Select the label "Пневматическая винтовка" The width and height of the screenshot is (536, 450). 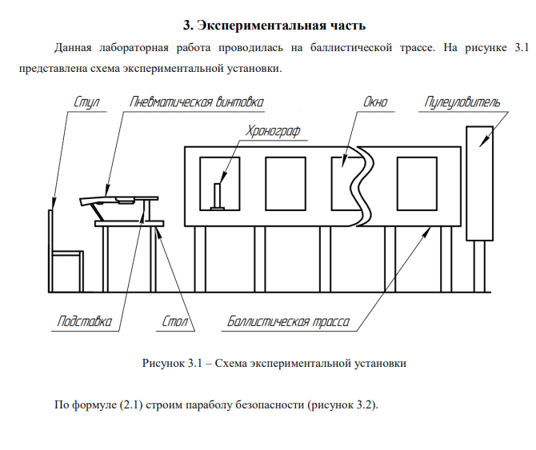(195, 102)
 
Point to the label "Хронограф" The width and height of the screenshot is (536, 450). (274, 130)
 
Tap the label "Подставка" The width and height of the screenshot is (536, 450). (84, 323)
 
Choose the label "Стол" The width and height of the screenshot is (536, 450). (174, 323)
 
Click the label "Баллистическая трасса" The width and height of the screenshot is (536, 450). (288, 323)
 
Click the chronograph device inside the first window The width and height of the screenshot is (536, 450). (218, 197)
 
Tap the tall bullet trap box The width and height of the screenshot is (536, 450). (480, 183)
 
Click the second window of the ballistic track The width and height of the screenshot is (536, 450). (285, 183)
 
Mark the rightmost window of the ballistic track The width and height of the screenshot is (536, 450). (417, 183)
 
